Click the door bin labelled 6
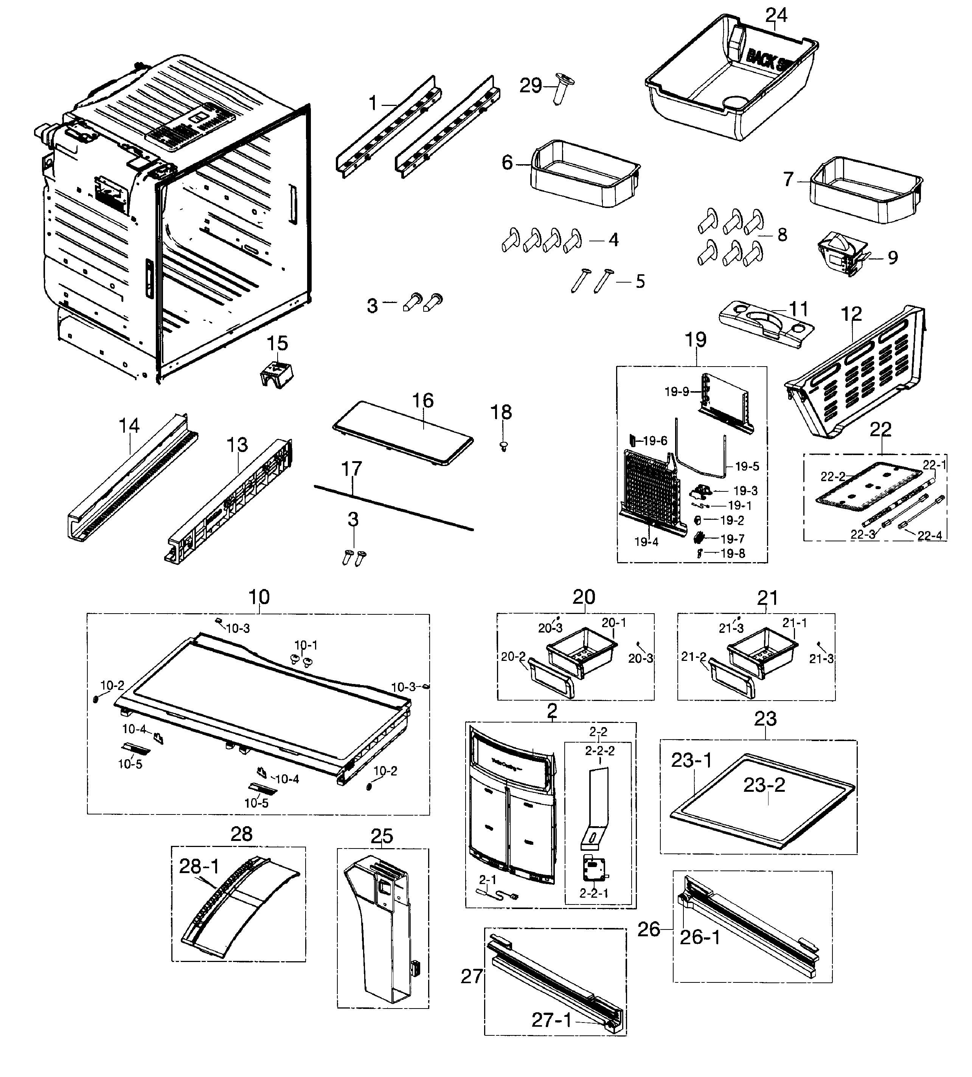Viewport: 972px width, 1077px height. (x=585, y=174)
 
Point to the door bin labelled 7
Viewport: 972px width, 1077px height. (x=865, y=191)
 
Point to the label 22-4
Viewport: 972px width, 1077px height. (x=929, y=536)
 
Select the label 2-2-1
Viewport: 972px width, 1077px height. (x=594, y=893)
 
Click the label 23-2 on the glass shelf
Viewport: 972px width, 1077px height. (x=764, y=785)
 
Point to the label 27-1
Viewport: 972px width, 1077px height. (x=551, y=1020)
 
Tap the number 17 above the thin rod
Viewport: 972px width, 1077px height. (x=351, y=469)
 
